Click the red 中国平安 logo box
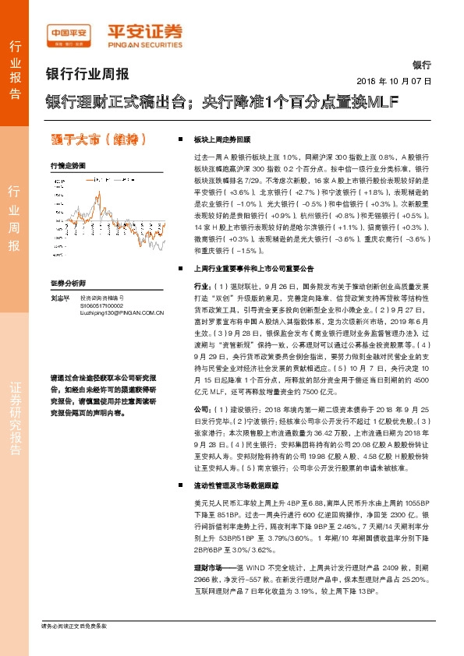pos(70,34)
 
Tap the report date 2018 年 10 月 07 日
pos(394,81)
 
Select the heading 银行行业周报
pos(87,75)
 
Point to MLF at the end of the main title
pos(383,102)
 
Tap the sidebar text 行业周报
pos(16,218)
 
